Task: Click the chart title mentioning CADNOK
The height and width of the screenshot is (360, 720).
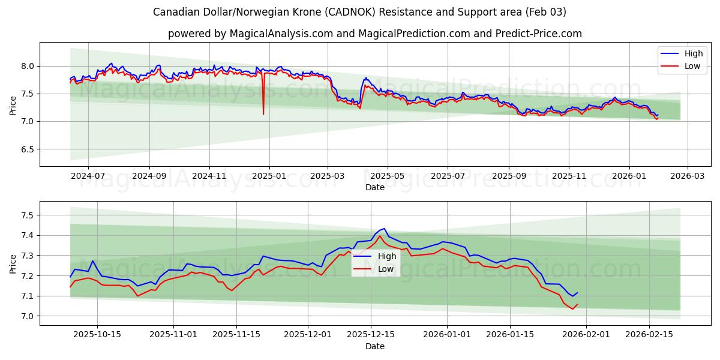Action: click(359, 12)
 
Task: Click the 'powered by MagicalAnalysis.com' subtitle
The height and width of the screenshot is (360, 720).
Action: click(374, 34)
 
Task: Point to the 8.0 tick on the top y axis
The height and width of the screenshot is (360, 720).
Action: click(27, 66)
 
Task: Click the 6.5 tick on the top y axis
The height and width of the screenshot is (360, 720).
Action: click(27, 149)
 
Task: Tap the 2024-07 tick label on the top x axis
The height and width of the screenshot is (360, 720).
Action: click(88, 176)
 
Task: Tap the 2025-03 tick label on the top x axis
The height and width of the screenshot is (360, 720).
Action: click(328, 176)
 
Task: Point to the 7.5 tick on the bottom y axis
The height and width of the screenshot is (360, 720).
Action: click(27, 215)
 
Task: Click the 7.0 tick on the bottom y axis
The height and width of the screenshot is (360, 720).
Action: click(27, 316)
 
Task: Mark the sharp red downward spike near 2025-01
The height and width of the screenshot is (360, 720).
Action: click(263, 113)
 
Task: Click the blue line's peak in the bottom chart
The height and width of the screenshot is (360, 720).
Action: click(384, 229)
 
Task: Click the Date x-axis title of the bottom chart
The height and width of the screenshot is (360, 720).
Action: click(374, 346)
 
